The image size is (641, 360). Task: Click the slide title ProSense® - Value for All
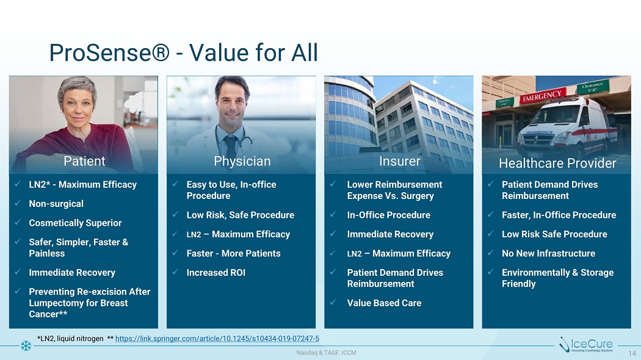[184, 52]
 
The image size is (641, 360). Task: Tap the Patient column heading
[84, 161]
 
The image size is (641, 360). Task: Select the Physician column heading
[242, 162]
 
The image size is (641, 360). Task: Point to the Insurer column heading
[399, 161]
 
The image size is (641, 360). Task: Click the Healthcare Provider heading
[557, 163]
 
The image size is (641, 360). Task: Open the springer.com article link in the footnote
[217, 339]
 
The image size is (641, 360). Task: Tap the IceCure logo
[586, 345]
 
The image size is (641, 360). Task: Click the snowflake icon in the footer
[26, 346]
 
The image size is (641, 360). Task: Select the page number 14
[632, 353]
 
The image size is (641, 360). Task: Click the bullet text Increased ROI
[216, 273]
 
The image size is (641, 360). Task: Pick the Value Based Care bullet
[384, 303]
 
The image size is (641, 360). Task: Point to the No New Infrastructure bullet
[548, 253]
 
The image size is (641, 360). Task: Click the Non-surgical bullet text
[56, 204]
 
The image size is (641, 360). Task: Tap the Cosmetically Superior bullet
[75, 223]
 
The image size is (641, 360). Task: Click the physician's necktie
[231, 146]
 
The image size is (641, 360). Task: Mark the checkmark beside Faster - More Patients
[175, 253]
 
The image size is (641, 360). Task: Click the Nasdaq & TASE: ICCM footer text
[326, 353]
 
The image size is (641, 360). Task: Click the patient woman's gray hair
[77, 87]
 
